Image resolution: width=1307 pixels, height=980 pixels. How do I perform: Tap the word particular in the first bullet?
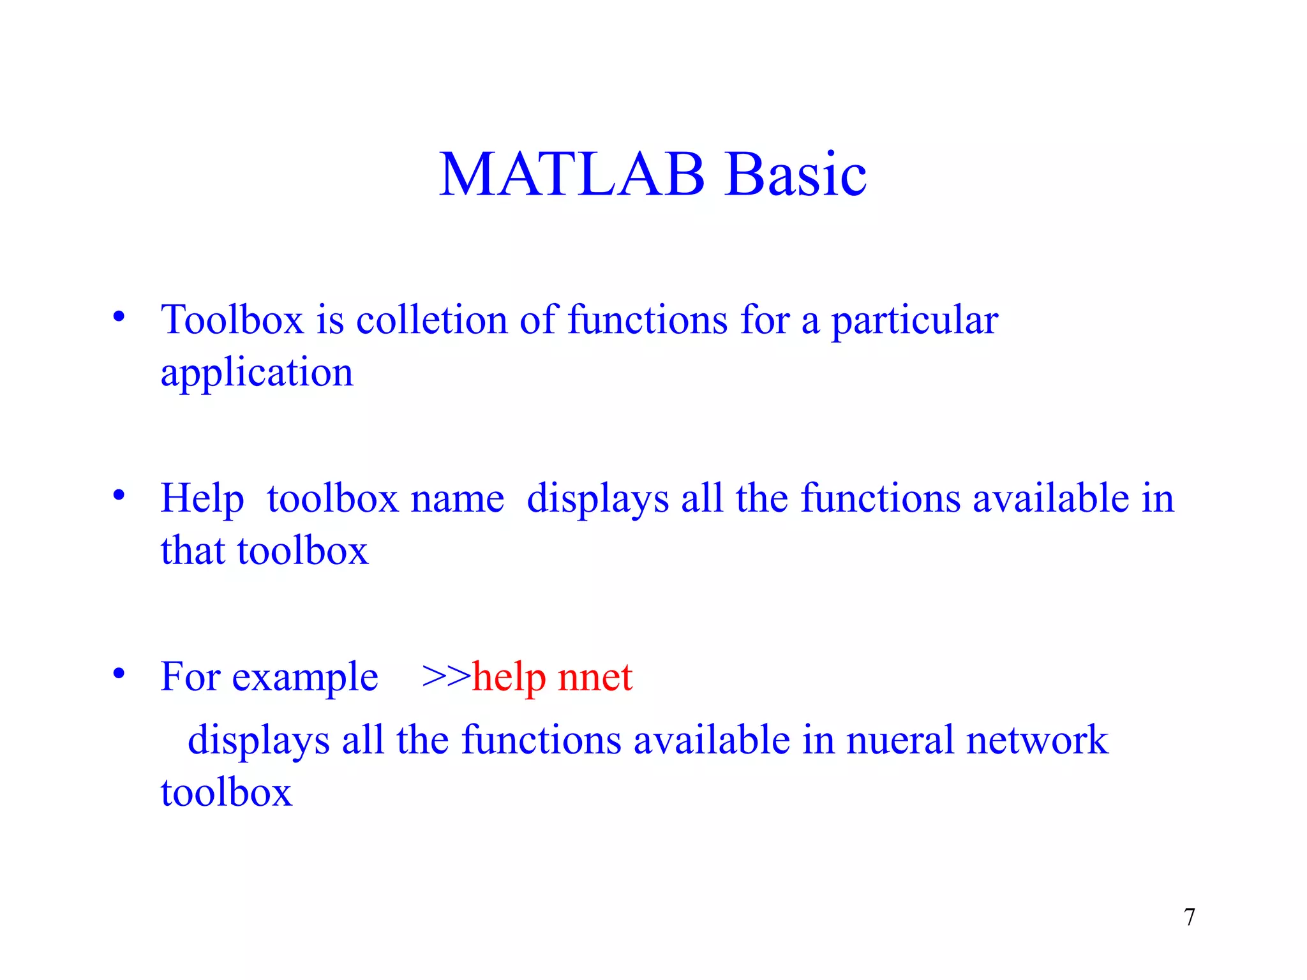click(x=914, y=320)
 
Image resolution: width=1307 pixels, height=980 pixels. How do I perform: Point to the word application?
click(x=257, y=373)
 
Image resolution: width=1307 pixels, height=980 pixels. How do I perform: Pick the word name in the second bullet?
click(x=457, y=499)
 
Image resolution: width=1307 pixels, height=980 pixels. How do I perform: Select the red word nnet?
click(x=595, y=677)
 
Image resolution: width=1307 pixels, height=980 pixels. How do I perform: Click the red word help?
click(x=509, y=677)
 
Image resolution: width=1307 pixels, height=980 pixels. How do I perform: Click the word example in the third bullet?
click(x=304, y=677)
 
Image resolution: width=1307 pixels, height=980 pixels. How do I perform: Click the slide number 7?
click(x=1189, y=917)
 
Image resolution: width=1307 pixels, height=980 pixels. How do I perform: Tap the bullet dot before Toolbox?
click(x=119, y=316)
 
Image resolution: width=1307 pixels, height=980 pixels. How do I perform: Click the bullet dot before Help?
click(x=119, y=495)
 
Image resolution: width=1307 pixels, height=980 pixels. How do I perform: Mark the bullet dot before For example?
click(x=119, y=674)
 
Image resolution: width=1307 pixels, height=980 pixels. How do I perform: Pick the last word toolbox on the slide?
click(x=226, y=792)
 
